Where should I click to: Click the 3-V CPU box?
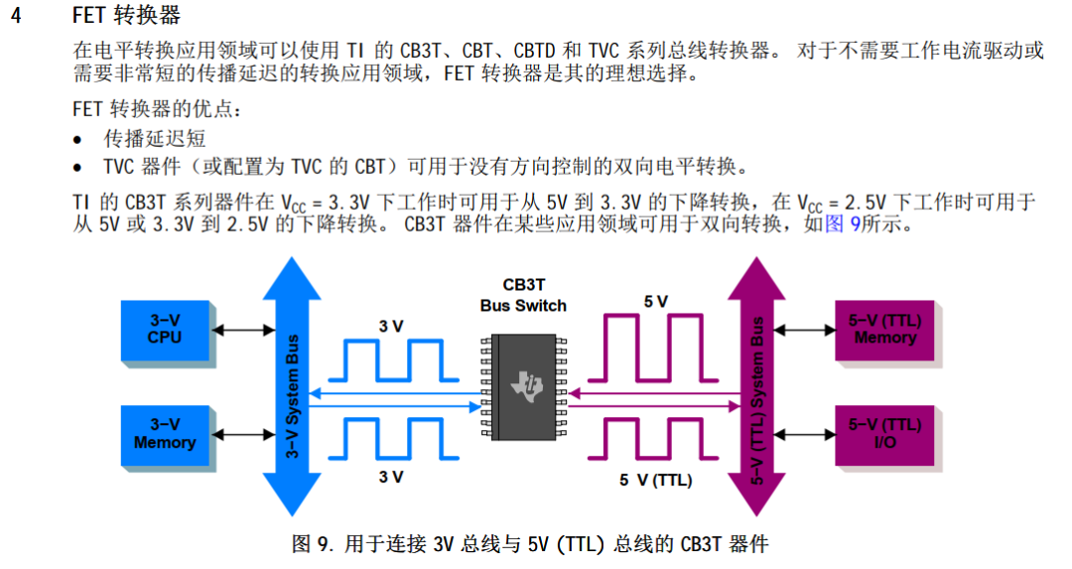[165, 330]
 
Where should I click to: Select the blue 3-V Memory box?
[165, 435]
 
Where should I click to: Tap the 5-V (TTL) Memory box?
[884, 330]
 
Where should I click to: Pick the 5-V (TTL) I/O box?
[884, 435]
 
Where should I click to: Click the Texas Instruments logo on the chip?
[523, 387]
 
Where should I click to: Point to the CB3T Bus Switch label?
[523, 296]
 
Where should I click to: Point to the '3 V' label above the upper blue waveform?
[391, 326]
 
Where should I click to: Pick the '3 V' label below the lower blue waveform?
[391, 477]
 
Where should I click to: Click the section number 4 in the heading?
[15, 16]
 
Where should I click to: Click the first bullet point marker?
[78, 140]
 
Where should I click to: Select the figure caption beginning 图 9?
[530, 544]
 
